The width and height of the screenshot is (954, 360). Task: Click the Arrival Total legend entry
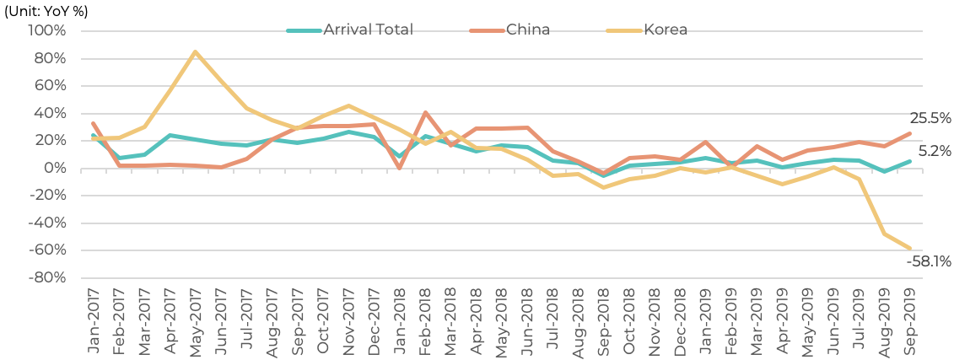[350, 30]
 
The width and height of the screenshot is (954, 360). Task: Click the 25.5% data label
[930, 119]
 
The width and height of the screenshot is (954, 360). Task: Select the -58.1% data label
[929, 262]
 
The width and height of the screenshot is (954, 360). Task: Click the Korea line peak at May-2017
[195, 51]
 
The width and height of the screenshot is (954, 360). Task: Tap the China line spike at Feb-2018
[424, 112]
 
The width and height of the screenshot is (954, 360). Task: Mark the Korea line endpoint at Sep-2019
[910, 248]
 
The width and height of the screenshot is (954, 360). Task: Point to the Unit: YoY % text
[46, 12]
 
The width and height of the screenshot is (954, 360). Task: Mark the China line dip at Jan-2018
[399, 168]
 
